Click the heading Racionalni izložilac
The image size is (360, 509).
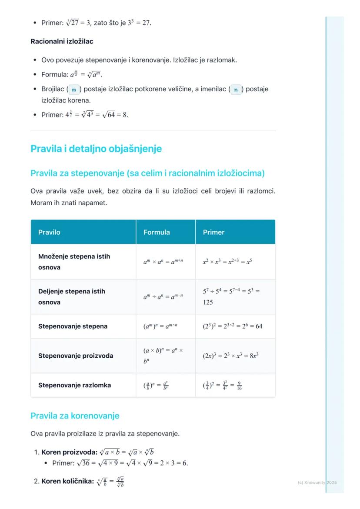[62, 41]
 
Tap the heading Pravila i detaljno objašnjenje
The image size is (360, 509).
[96, 149]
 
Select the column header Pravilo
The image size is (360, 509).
[49, 232]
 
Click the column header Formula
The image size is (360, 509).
[157, 232]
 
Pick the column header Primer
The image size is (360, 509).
[213, 232]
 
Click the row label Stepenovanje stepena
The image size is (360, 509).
[73, 326]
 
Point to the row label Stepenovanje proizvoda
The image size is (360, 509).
[76, 356]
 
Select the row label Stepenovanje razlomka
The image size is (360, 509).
[74, 385]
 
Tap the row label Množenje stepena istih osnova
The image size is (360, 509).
[74, 262]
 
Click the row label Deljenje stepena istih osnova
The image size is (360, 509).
[72, 296]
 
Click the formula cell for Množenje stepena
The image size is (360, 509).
[163, 262]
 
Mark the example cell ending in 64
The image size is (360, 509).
[233, 326]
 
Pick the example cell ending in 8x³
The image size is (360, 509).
[231, 356]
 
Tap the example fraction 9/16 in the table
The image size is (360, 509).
[237, 386]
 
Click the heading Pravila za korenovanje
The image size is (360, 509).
[75, 416]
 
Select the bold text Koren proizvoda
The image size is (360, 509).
[69, 452]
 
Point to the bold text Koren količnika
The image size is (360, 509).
[67, 482]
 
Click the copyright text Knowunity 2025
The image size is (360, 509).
[317, 482]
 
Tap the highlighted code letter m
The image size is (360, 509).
[74, 90]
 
